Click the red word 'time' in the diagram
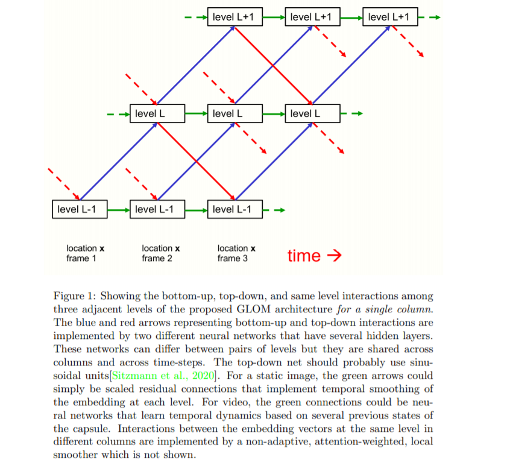pos(304,256)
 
